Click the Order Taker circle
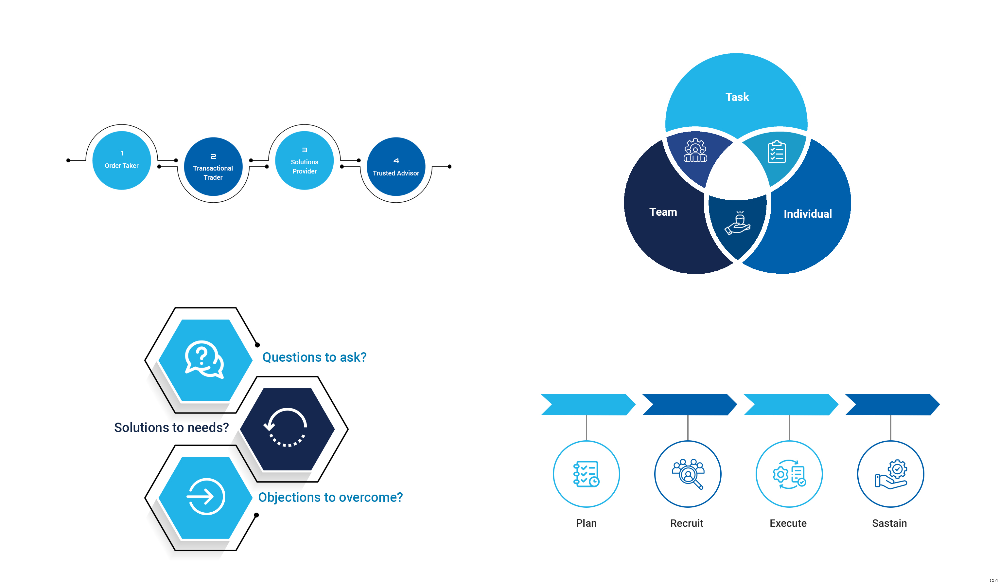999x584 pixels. point(121,160)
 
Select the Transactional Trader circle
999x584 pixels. point(213,167)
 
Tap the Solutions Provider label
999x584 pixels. point(304,167)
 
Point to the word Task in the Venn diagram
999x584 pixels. point(737,97)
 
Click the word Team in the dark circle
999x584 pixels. point(663,212)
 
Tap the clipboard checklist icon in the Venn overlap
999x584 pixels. point(776,152)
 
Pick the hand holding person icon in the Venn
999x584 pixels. point(737,223)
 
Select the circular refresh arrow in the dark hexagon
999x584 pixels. point(286,428)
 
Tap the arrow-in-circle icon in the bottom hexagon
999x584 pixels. point(205,496)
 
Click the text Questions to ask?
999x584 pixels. point(314,357)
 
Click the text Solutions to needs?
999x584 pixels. point(171,427)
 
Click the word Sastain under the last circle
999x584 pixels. point(889,523)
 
